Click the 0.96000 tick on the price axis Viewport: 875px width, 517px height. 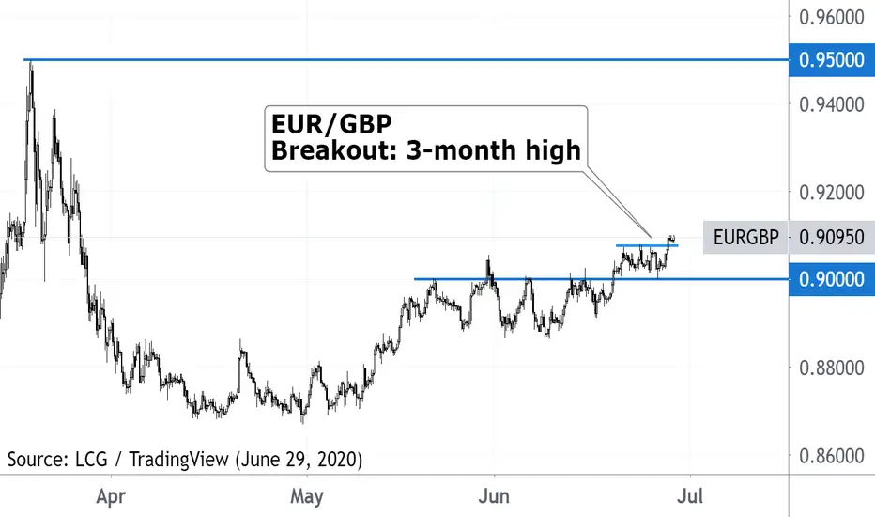coord(832,17)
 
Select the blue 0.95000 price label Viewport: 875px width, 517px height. coord(832,60)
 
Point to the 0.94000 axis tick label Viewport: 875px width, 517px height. coord(832,104)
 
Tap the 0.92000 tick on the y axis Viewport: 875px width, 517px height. coord(832,193)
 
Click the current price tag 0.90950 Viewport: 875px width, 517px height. coord(832,238)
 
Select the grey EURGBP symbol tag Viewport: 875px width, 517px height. coord(746,238)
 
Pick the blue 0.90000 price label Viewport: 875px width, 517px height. coord(832,279)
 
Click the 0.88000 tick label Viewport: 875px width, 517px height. coord(832,368)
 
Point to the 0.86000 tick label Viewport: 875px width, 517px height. coord(832,456)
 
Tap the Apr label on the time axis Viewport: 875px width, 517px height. coord(111,496)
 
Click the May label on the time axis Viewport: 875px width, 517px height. coord(307,496)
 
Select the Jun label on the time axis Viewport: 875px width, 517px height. coord(494,496)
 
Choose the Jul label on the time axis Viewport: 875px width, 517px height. coord(690,496)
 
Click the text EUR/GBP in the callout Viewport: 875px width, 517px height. coord(331,124)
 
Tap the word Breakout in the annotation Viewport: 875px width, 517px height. coord(334,150)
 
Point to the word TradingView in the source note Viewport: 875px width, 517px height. coord(179,460)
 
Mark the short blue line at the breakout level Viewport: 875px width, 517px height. coord(647,245)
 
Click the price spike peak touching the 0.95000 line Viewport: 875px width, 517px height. coord(31,62)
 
